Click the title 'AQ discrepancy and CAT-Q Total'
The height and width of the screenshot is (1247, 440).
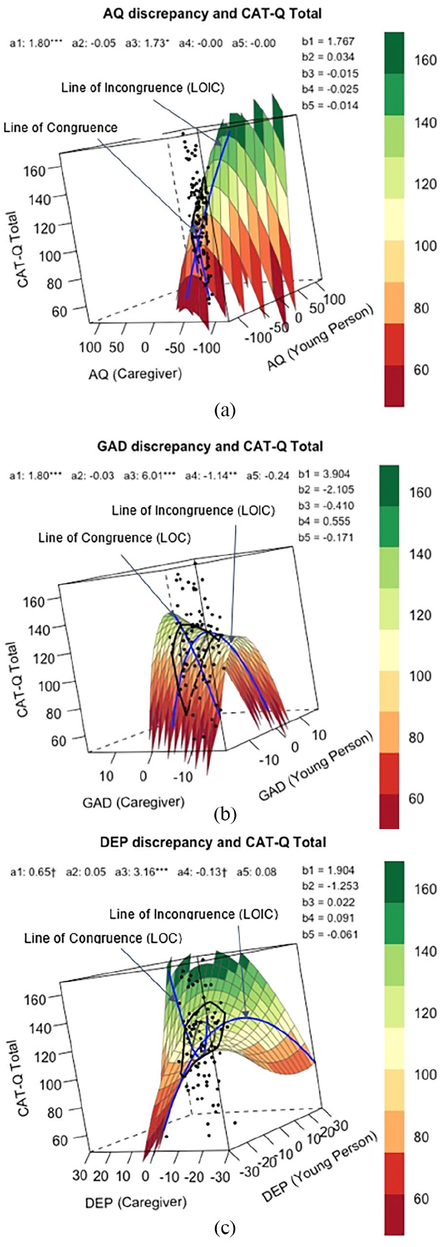click(212, 13)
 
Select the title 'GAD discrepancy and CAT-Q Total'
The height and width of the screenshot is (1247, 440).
click(210, 446)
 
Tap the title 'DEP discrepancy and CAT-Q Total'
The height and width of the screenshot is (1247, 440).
click(213, 842)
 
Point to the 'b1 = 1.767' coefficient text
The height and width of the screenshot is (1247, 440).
click(328, 41)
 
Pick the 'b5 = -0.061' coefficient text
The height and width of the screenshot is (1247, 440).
click(330, 934)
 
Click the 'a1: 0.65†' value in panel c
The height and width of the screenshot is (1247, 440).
click(33, 872)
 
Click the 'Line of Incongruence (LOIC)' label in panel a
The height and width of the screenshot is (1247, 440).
click(143, 87)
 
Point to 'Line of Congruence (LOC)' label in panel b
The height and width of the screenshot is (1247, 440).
click(114, 538)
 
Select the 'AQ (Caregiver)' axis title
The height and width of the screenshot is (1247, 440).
click(135, 374)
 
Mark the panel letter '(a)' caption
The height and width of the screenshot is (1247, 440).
click(225, 409)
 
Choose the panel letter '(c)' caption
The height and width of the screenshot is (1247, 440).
click(225, 1228)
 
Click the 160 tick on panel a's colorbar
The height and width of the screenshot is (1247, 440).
click(425, 60)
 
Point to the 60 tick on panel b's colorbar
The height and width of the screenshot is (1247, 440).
click(417, 799)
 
